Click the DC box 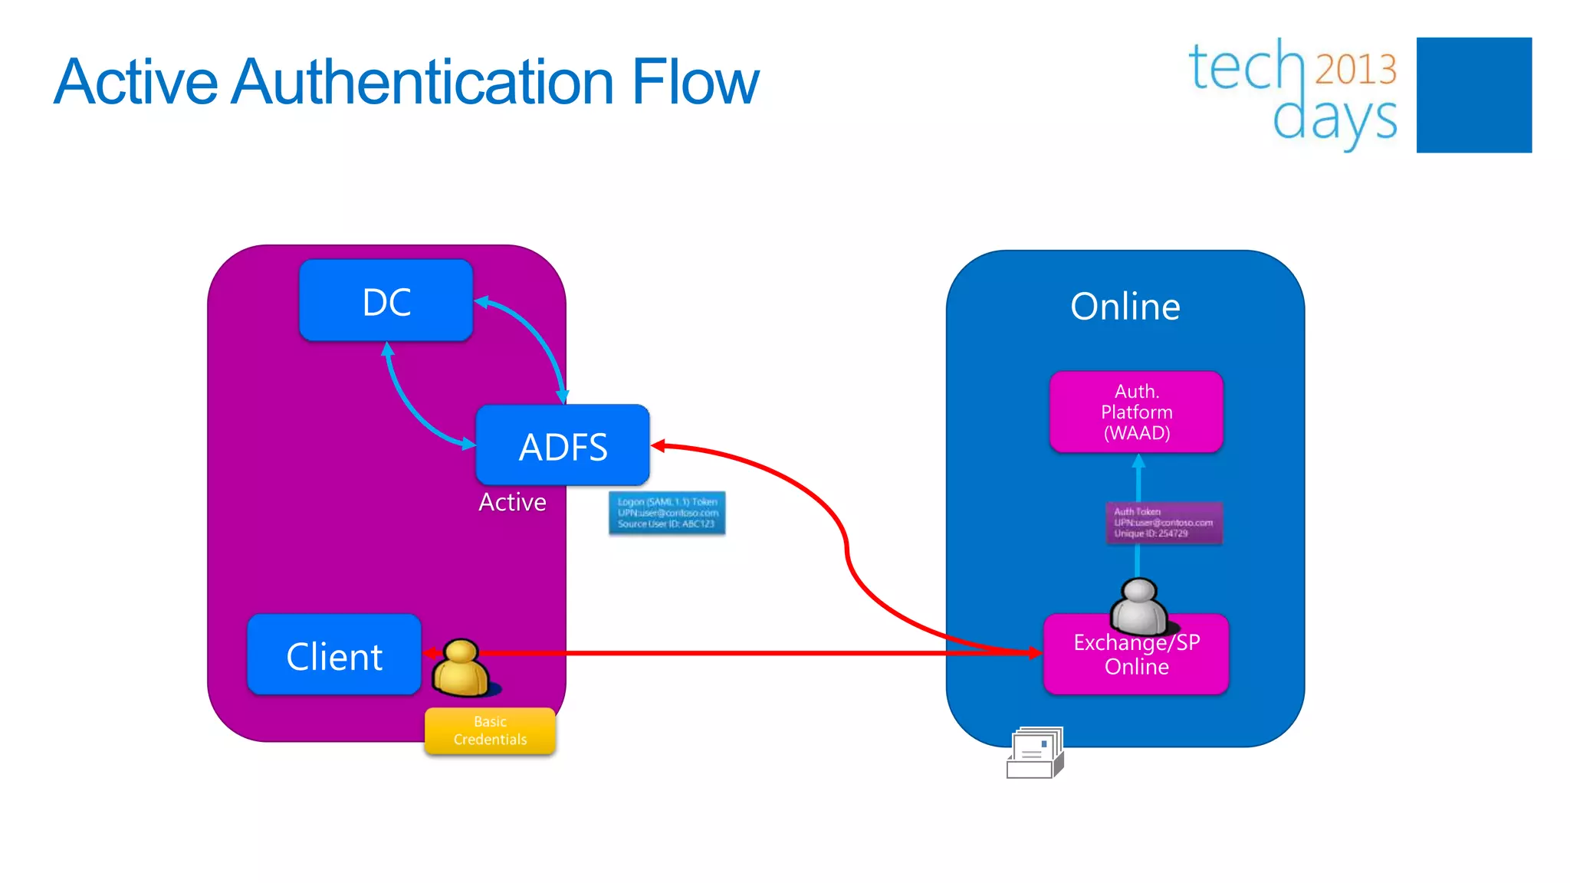[x=386, y=300]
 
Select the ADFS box [x=562, y=445]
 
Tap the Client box [x=334, y=655]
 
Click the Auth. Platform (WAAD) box [x=1136, y=412]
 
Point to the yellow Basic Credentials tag [x=490, y=730]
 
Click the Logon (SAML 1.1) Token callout [x=667, y=513]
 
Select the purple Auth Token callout [x=1164, y=523]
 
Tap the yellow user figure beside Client [x=460, y=668]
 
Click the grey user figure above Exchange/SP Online [x=1139, y=606]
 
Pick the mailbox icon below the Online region [x=1035, y=753]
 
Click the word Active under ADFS [x=512, y=502]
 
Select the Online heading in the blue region [x=1125, y=307]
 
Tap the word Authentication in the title [x=423, y=82]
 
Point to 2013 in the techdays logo [x=1355, y=69]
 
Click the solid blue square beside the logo [x=1473, y=95]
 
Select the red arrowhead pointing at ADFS [x=658, y=445]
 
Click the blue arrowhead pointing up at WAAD [x=1138, y=460]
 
